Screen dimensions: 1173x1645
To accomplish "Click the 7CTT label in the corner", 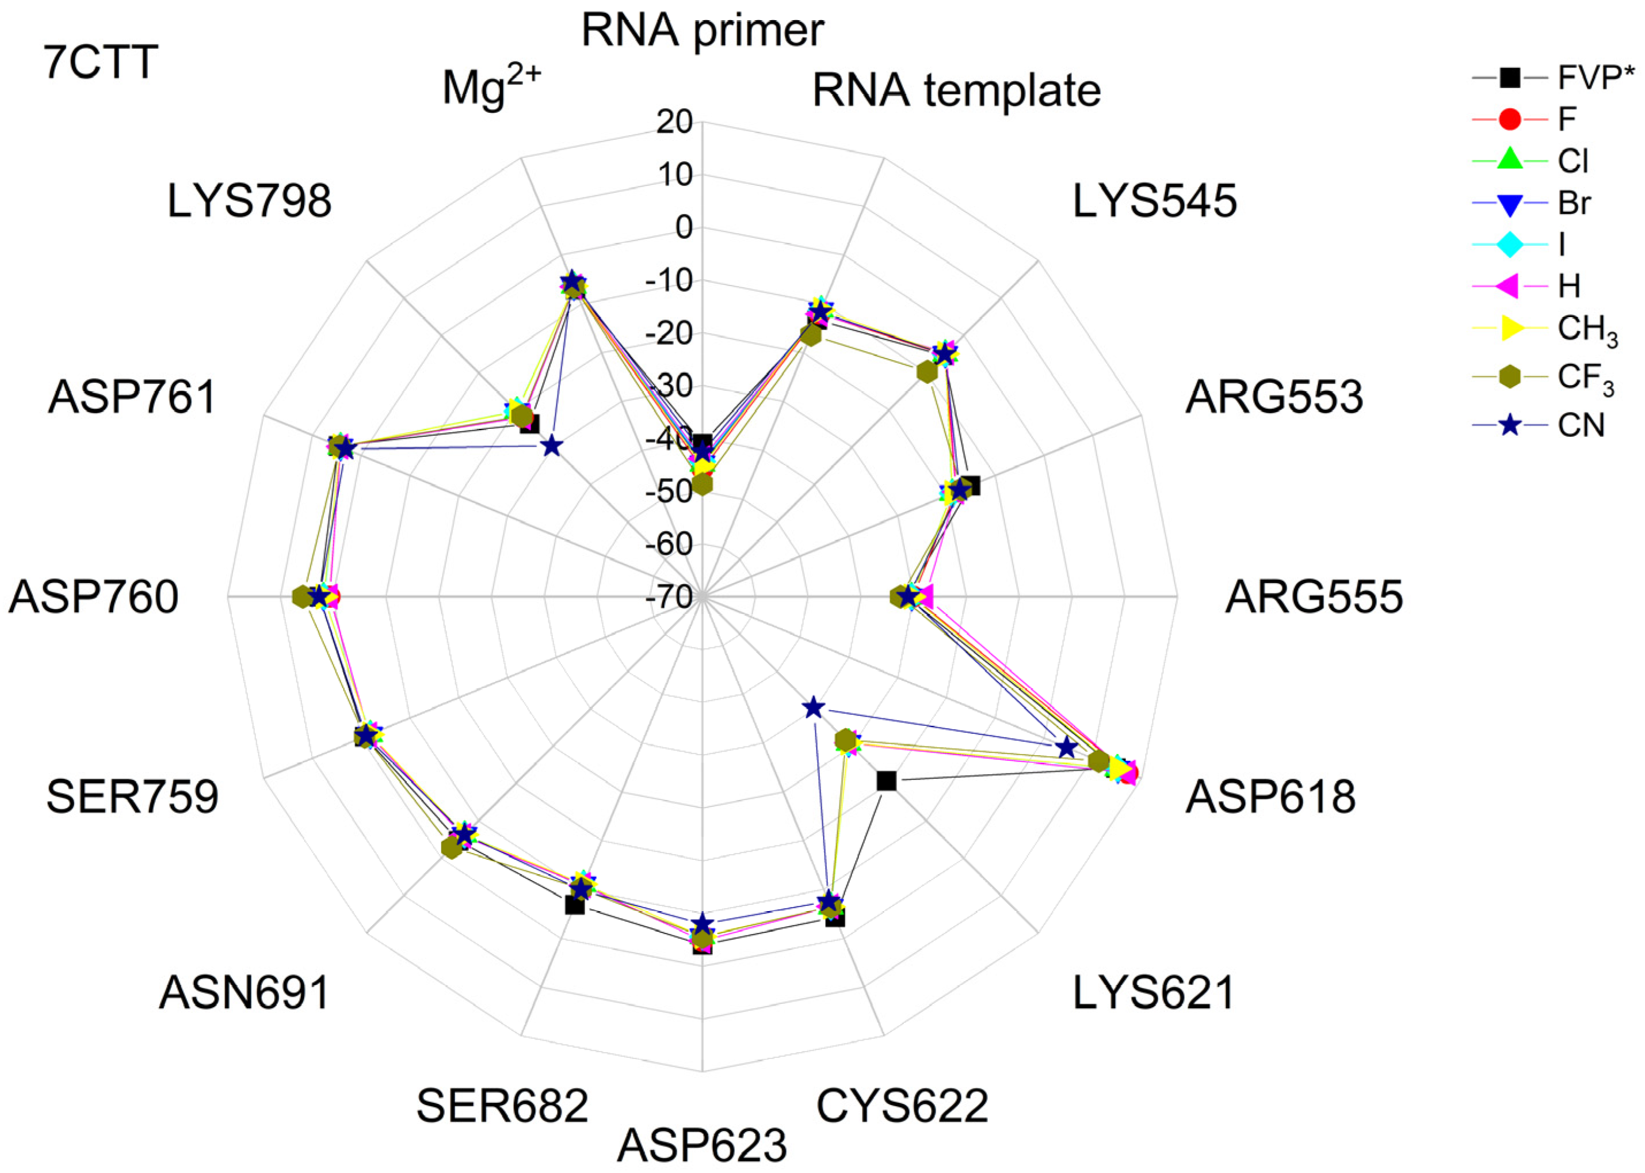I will tap(101, 62).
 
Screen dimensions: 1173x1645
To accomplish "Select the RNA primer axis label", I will tap(702, 31).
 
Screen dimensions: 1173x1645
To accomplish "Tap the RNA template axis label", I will tap(956, 91).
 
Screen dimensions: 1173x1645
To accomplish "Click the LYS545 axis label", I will tap(1154, 201).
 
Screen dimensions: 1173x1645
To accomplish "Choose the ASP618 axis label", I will tap(1270, 797).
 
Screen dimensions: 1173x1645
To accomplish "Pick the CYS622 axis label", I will tap(902, 1105).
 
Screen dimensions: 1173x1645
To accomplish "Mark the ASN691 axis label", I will tap(244, 992).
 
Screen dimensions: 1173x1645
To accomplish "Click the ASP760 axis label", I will tap(93, 597).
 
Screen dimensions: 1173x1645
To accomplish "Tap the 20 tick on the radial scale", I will tap(674, 122).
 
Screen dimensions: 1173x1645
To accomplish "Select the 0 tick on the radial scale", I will tap(683, 228).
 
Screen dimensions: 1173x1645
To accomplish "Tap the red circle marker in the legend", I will tap(1510, 119).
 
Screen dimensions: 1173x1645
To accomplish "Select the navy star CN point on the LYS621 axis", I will tap(813, 707).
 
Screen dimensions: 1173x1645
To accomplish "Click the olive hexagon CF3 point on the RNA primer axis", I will tap(702, 485).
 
